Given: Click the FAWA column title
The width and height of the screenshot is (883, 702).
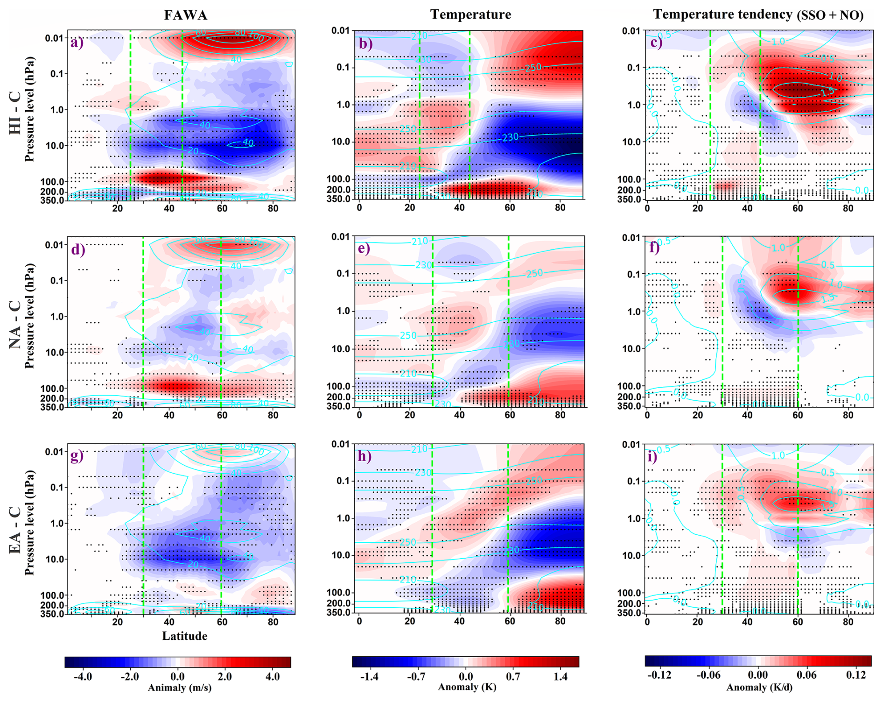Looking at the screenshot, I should pos(185,15).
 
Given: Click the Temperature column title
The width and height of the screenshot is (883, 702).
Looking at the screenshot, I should pos(470,14).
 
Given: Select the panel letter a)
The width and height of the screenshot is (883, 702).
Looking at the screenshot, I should pos(77,43).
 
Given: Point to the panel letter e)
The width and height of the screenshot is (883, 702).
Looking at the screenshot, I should pos(364,248).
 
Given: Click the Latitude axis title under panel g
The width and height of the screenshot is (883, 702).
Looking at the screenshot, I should pos(184,636).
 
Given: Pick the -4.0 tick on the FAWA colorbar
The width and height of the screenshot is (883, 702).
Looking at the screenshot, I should pos(82,677).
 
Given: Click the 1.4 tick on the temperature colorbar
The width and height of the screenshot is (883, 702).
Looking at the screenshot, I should pos(561,677).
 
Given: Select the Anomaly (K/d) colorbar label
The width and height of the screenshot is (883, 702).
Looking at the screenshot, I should pos(759,687).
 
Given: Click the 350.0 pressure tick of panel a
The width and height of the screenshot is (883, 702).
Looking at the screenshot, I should pos(54,200).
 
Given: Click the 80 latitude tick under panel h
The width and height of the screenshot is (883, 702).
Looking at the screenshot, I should pos(560,622).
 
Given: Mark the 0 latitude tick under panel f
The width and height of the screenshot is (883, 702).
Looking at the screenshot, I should pos(647,415).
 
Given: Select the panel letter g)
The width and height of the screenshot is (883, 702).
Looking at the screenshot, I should pos(77,456).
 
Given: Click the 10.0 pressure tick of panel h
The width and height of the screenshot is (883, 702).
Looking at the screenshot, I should pos(341,555).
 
